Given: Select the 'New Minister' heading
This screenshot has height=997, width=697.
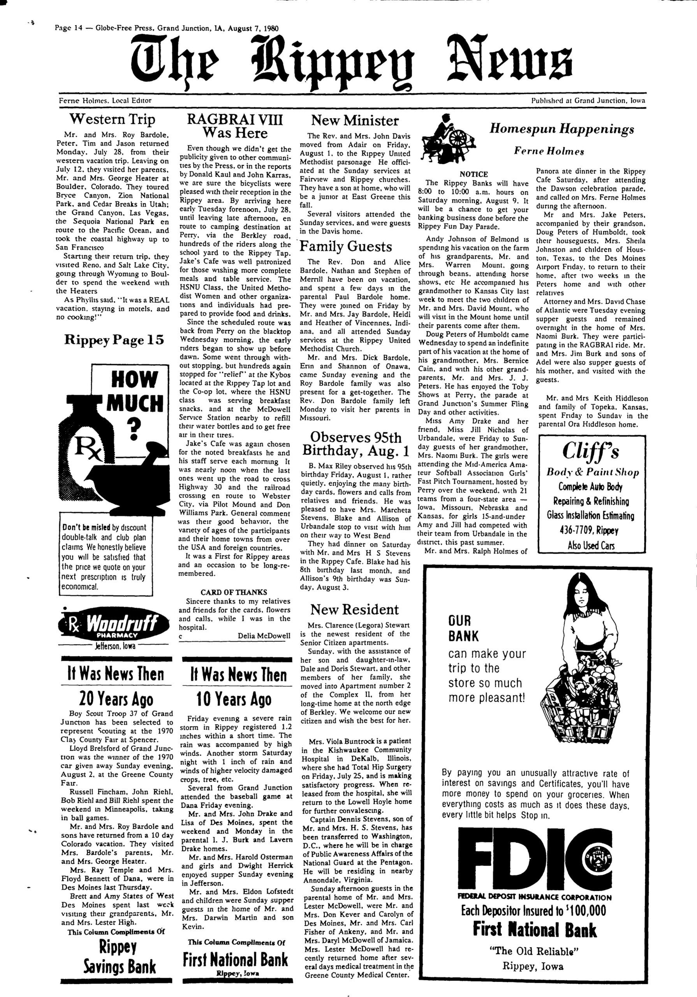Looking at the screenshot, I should pos(355,120).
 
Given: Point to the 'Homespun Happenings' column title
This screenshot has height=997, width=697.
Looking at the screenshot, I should pos(562,129).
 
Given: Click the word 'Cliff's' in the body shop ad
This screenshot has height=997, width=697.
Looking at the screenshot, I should pos(591,452).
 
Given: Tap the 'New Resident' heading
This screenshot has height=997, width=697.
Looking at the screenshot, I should pos(354,609).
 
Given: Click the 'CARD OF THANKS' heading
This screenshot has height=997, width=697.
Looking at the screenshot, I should pos(234,592).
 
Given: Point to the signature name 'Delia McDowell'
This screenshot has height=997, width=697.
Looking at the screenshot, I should pos(264,636).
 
